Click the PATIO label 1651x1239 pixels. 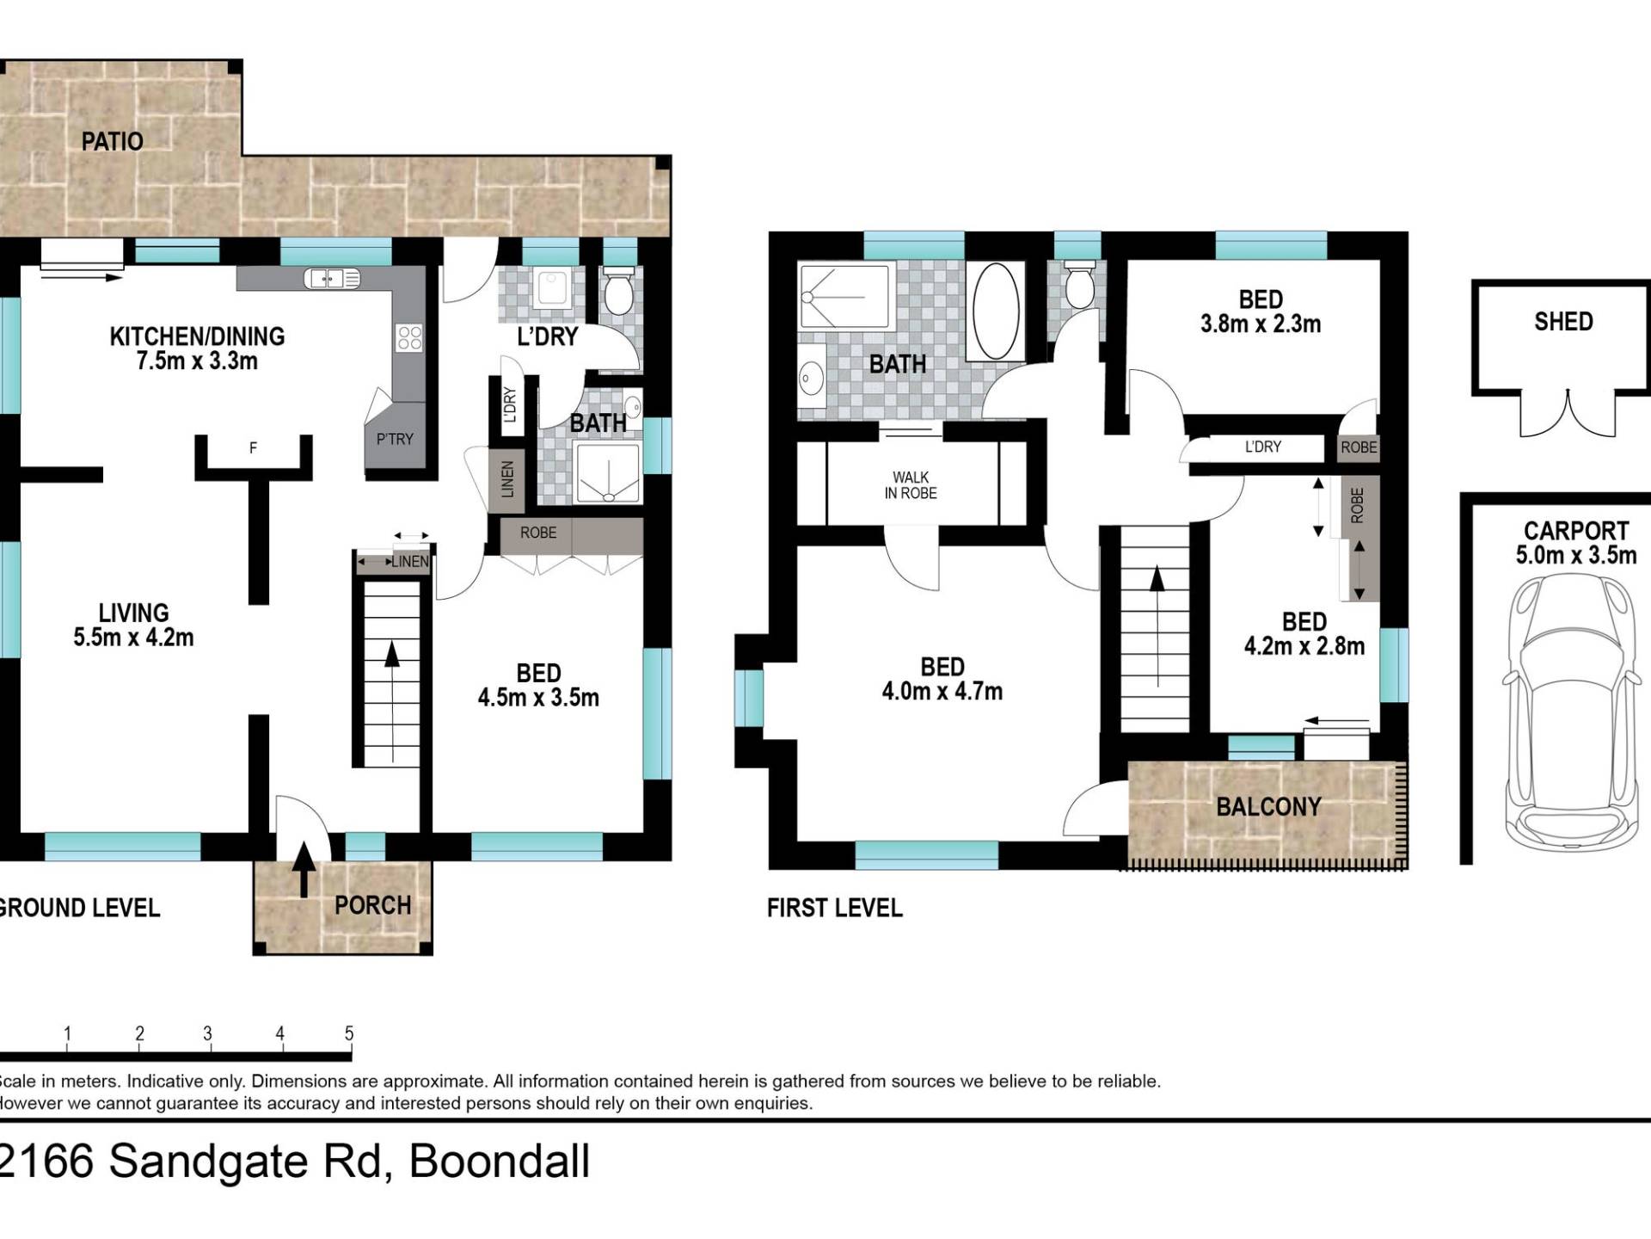click(x=112, y=141)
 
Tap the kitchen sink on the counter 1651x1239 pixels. click(x=332, y=278)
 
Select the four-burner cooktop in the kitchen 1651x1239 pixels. click(x=409, y=338)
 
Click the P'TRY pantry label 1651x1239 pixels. click(x=395, y=439)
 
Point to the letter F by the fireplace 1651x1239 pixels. click(x=253, y=447)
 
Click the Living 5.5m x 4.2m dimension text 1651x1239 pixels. click(x=133, y=638)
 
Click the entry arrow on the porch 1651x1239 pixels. click(x=303, y=870)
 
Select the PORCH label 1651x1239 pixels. click(x=372, y=905)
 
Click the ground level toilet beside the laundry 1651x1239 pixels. click(x=617, y=290)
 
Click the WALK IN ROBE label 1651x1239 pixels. click(x=911, y=485)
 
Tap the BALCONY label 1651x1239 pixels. click(x=1268, y=806)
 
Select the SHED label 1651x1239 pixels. click(x=1563, y=322)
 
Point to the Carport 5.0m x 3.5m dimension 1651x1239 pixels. click(x=1576, y=555)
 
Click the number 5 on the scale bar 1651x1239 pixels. click(x=349, y=1033)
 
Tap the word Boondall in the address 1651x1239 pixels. click(x=500, y=1162)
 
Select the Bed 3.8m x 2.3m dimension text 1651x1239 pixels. click(x=1261, y=324)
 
